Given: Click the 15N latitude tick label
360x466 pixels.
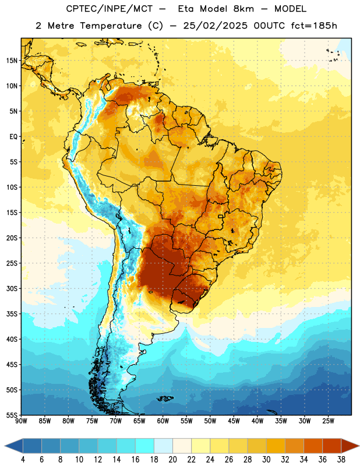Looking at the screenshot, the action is [x=12, y=61].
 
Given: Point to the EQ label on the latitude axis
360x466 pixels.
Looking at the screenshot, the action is [x=13, y=137].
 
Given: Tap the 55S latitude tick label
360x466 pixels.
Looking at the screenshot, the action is [x=12, y=415].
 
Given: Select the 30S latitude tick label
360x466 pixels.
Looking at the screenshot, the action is [x=12, y=288].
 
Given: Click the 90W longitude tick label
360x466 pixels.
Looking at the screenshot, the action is [x=22, y=421].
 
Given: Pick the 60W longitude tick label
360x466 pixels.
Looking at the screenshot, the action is [x=163, y=421].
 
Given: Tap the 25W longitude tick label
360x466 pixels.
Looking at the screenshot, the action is [x=328, y=421].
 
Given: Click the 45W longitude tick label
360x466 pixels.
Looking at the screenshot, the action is [x=234, y=421].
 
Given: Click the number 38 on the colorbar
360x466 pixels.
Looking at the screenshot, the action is [x=341, y=460].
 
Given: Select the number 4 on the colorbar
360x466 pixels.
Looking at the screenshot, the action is [x=23, y=460].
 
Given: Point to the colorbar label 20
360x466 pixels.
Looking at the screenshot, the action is [x=172, y=460].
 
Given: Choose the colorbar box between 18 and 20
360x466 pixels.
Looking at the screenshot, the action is [x=163, y=446].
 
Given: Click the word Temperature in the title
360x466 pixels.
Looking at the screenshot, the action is [x=111, y=26].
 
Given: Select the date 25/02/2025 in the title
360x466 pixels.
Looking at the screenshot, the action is [x=215, y=26].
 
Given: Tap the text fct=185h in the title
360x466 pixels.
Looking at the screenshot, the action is [x=314, y=26].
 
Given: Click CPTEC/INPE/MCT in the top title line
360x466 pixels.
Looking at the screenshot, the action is [x=110, y=9].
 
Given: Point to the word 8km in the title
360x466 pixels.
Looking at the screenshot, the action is [x=243, y=9].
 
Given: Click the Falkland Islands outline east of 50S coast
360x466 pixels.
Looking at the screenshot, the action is [x=165, y=398].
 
